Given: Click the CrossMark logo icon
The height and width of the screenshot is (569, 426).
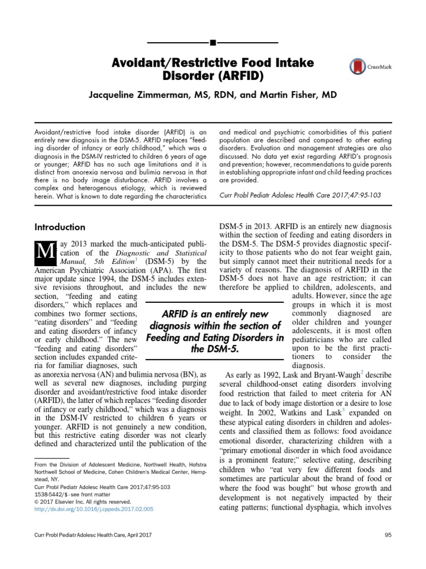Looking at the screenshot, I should (358, 67).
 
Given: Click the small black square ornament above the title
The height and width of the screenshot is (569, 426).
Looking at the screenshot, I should (213, 42).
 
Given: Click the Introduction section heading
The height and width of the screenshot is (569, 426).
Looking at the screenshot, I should (60, 227).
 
